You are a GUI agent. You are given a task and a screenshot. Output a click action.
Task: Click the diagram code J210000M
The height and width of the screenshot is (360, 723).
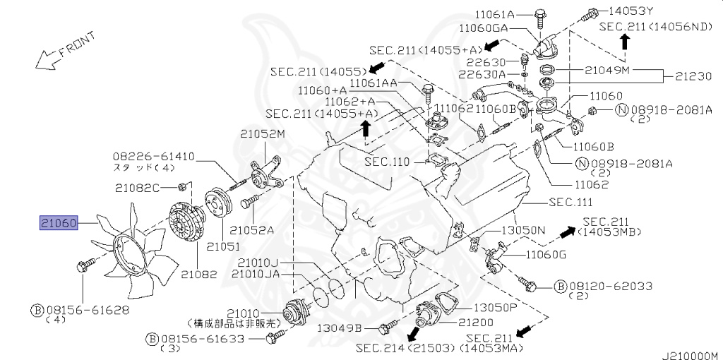coord(688,354)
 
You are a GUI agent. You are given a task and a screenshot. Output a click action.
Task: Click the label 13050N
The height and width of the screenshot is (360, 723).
coord(523,231)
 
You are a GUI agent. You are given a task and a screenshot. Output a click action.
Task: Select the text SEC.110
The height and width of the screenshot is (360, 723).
coord(387,162)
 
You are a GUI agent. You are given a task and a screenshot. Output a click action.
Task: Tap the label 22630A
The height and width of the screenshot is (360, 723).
coord(482,74)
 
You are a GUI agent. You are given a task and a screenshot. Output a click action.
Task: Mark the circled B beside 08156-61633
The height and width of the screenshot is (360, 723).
coord(151,340)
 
